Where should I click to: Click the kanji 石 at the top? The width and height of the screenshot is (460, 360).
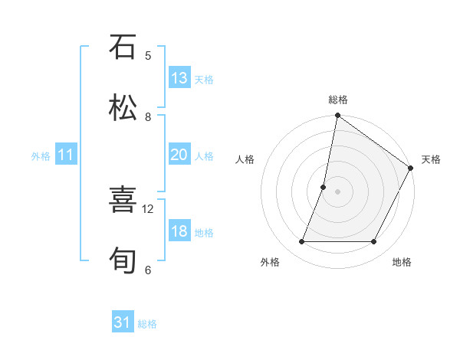(123, 47)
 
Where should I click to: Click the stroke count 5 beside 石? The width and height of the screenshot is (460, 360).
(148, 55)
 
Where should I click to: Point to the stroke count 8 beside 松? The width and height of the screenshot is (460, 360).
(148, 116)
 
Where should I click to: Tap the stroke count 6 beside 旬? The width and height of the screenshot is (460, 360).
(148, 270)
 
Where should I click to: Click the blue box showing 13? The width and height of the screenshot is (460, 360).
(179, 78)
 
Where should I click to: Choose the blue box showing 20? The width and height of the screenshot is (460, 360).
(179, 155)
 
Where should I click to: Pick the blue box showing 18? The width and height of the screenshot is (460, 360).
(179, 231)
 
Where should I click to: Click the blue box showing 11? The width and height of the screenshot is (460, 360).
(66, 155)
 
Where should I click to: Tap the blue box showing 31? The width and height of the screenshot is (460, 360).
(123, 322)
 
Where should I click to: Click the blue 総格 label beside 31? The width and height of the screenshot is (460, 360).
(147, 324)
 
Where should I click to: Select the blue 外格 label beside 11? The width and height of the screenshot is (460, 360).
(41, 156)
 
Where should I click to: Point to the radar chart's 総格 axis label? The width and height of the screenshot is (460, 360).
(338, 100)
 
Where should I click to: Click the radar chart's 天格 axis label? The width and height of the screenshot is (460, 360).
(431, 159)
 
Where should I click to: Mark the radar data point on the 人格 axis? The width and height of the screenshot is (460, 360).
(324, 187)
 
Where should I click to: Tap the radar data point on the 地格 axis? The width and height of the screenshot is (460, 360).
(374, 242)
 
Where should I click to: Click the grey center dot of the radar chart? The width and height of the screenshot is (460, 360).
(337, 191)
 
